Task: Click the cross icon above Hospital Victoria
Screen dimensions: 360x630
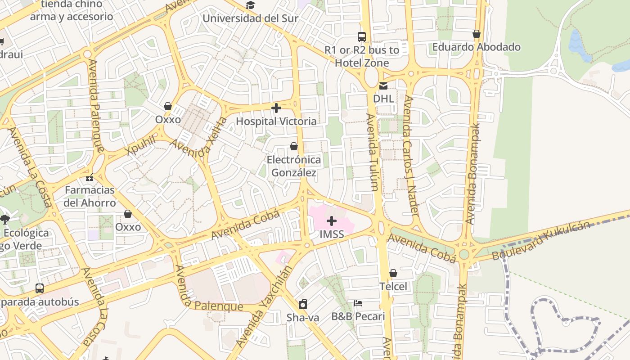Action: [276, 108]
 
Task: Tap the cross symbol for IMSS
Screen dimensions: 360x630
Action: [332, 221]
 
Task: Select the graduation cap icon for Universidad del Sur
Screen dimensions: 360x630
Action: [250, 5]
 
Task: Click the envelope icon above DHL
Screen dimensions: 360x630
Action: [383, 85]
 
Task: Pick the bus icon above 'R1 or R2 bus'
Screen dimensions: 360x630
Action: [362, 37]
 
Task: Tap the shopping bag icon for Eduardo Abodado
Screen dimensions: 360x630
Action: [477, 34]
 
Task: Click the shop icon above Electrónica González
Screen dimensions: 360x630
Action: [294, 147]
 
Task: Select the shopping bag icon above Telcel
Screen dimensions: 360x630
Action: [393, 274]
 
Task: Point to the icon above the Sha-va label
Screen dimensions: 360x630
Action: [303, 304]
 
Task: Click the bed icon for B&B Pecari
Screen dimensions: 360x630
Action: [358, 303]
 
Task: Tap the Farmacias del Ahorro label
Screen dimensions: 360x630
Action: [90, 196]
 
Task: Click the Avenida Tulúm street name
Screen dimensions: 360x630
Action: [373, 152]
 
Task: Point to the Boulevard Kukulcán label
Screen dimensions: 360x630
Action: [540, 241]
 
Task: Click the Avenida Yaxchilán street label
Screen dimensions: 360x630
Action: [264, 307]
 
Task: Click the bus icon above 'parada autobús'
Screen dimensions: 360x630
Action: [40, 288]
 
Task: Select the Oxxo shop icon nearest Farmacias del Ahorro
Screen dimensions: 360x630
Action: [128, 214]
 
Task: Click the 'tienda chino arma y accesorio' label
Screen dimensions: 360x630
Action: [72, 11]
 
